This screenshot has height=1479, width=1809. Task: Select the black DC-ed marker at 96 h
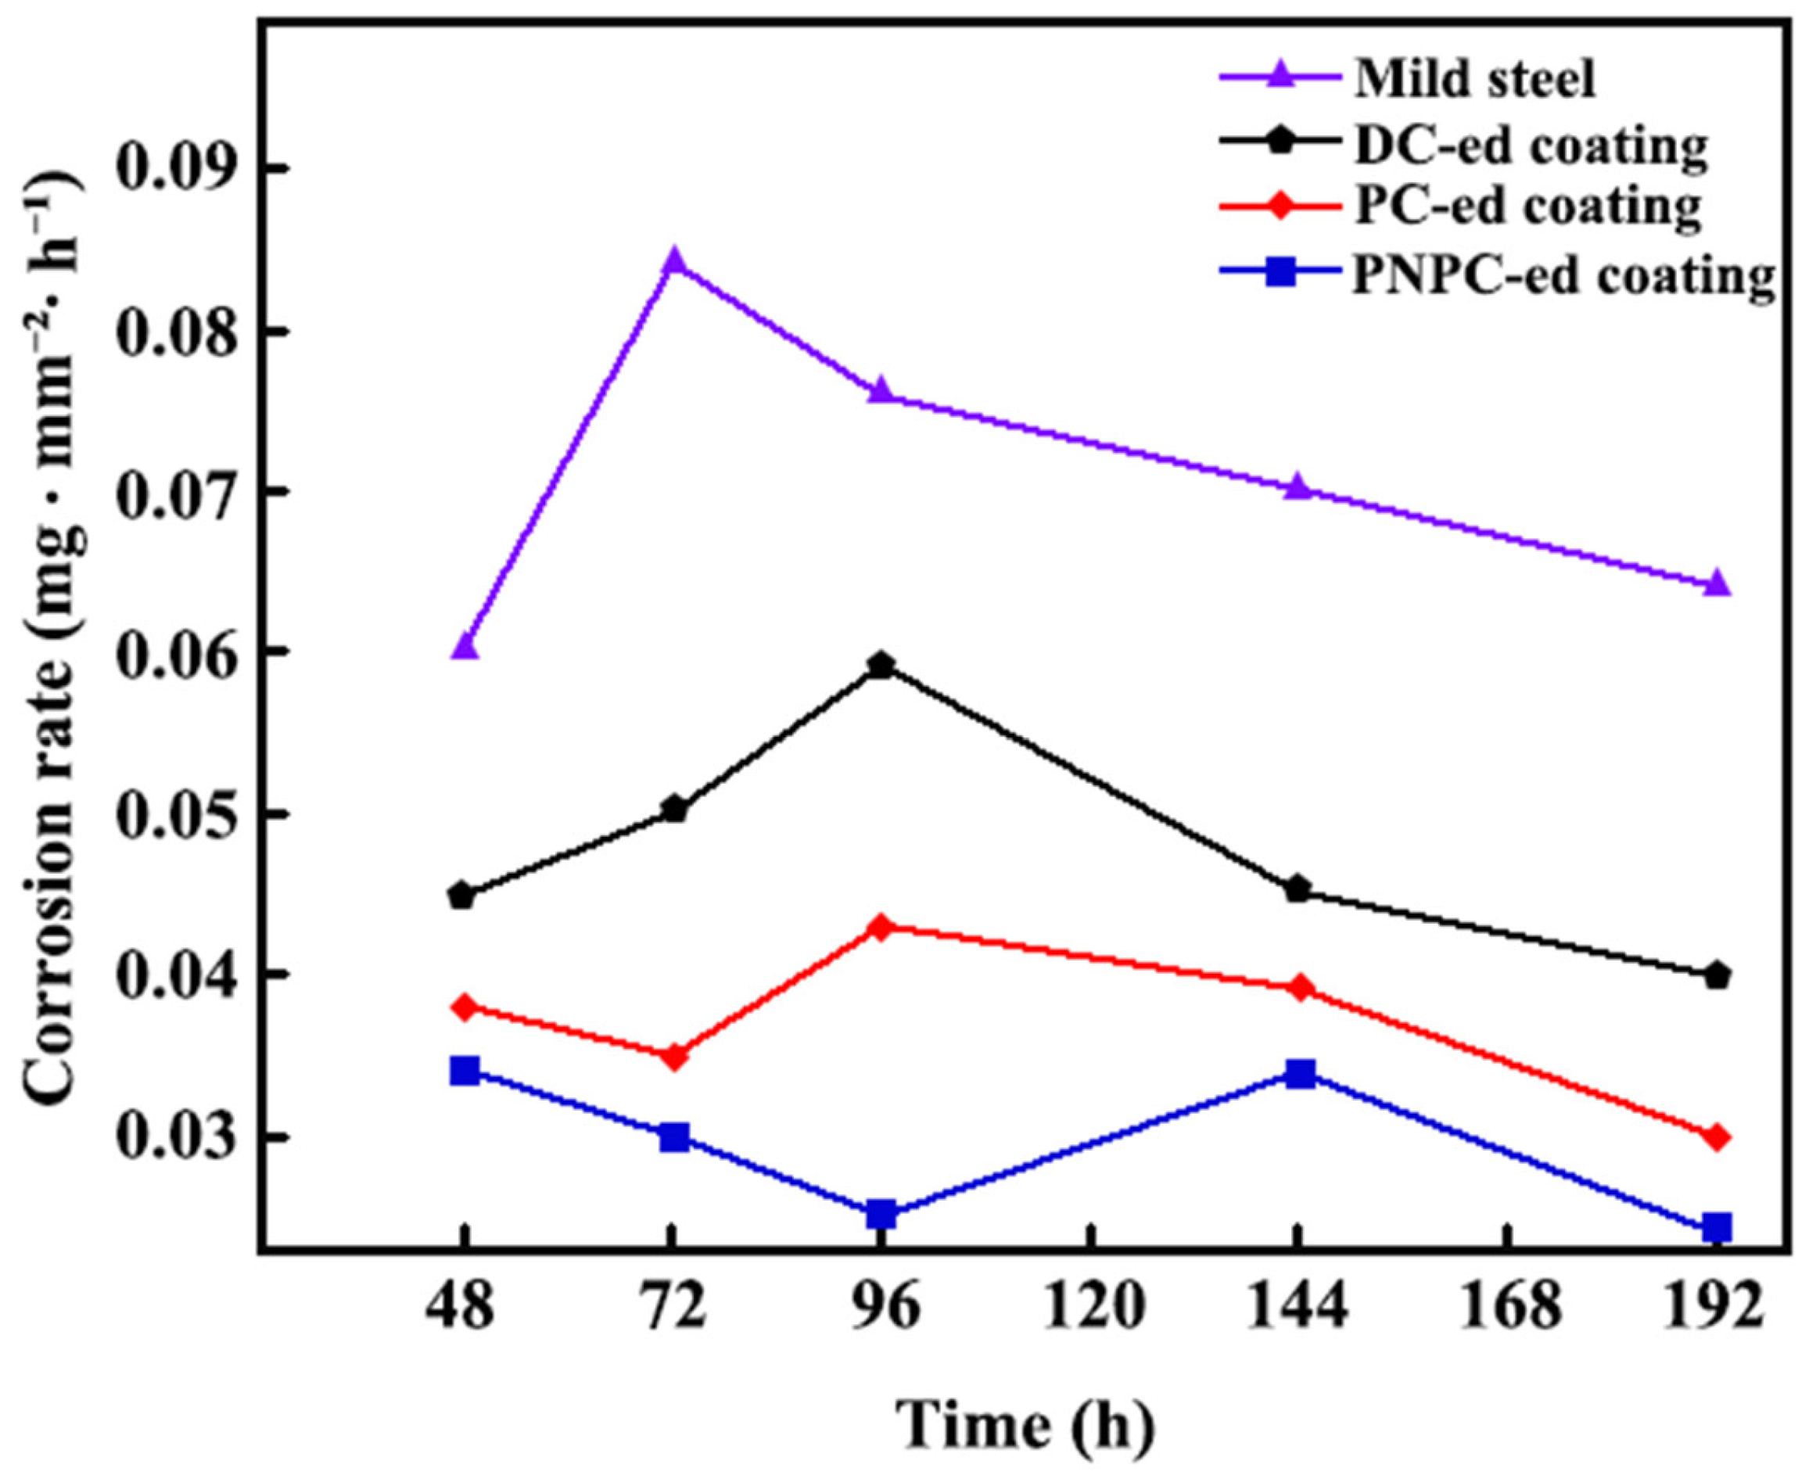tap(881, 665)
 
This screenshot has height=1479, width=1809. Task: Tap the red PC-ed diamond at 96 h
tap(881, 927)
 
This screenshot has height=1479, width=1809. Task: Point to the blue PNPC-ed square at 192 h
tap(1717, 1229)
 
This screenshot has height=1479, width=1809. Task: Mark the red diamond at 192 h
tap(1717, 1137)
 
